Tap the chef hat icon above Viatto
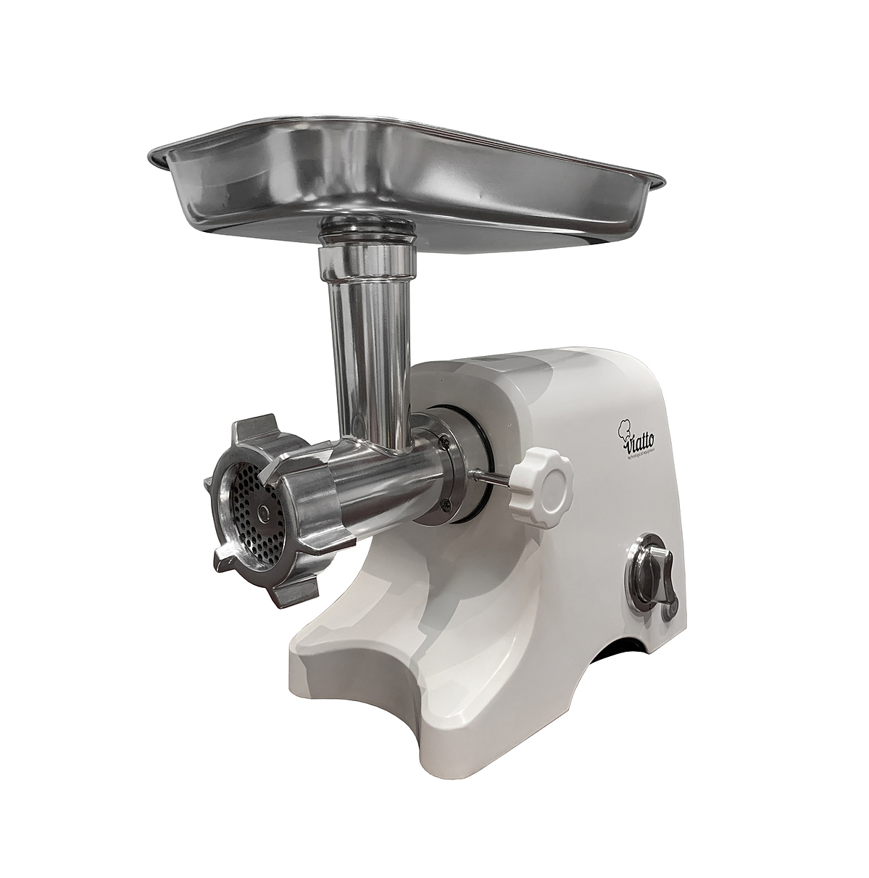pyautogui.click(x=623, y=429)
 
